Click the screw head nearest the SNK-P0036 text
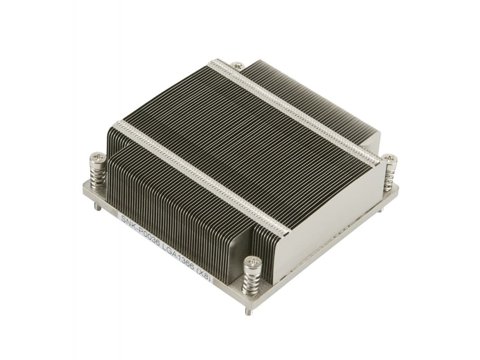(x=98, y=157)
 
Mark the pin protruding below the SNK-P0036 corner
(x=96, y=207)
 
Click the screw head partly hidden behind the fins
(x=237, y=66)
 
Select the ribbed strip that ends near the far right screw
(x=293, y=110)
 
